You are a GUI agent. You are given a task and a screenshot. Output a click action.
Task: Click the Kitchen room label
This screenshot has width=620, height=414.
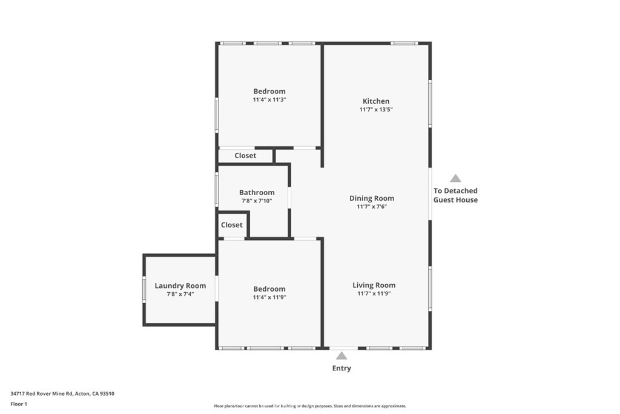point(375,101)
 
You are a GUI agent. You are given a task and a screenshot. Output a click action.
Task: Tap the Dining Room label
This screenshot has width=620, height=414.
point(371,198)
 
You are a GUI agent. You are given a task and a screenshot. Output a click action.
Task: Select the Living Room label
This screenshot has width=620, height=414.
point(374,285)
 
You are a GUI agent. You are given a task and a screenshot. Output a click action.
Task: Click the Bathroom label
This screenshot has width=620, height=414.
point(256,192)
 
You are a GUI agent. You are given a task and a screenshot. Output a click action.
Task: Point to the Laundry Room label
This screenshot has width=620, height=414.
point(180,285)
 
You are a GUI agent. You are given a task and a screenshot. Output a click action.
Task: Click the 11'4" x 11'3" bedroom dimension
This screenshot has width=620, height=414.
point(269,99)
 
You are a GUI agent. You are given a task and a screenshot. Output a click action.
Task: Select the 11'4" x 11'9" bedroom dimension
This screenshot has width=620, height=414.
point(269,297)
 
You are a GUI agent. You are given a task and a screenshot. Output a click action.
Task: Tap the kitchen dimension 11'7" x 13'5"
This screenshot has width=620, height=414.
point(375,110)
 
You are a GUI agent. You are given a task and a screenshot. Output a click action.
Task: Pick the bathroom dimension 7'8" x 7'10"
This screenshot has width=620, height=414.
point(256,201)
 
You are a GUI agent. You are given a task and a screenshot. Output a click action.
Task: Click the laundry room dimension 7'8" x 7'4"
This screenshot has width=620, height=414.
point(180,294)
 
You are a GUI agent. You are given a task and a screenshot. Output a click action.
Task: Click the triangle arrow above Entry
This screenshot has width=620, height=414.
point(342,356)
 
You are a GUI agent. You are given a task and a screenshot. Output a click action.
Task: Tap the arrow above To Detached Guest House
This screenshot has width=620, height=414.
point(455,178)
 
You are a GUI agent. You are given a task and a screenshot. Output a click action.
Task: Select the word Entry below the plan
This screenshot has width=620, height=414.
point(341,368)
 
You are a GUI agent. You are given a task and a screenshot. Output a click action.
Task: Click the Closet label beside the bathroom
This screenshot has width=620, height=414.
point(231,225)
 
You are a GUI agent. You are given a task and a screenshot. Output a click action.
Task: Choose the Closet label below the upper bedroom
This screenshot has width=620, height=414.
point(245,156)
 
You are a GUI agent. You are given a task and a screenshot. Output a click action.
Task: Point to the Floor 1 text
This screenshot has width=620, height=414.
point(19,404)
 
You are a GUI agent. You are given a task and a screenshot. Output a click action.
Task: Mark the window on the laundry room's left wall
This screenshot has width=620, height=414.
point(144,289)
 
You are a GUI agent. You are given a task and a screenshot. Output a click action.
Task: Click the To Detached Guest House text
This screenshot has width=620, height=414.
point(455,195)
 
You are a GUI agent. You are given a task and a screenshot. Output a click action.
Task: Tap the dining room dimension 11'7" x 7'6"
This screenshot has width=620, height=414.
point(371,207)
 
